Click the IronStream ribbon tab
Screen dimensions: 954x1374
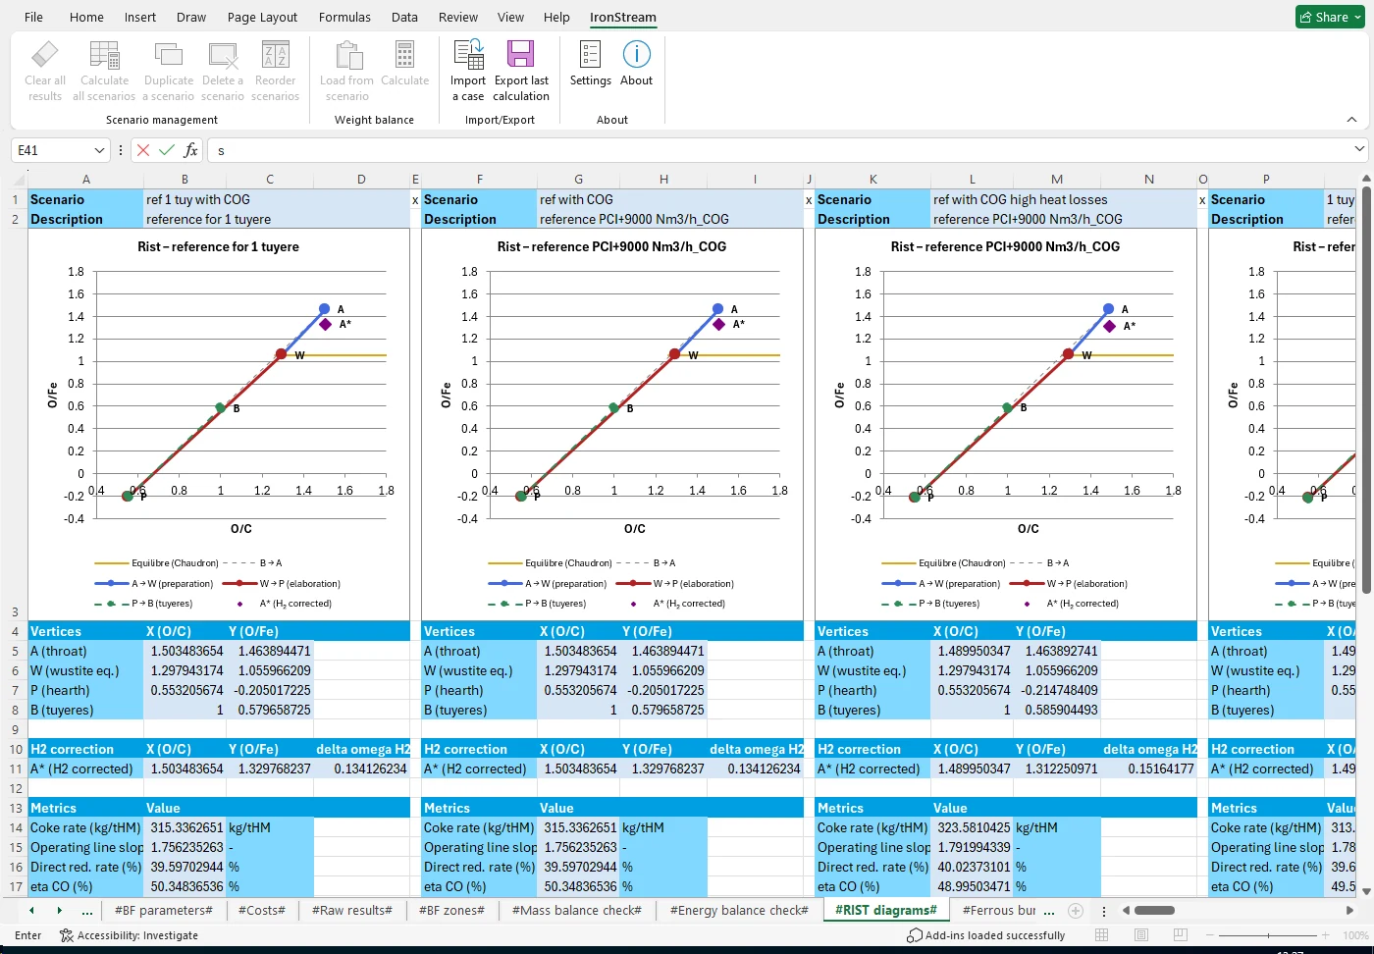pyautogui.click(x=622, y=17)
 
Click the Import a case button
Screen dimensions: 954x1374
pyautogui.click(x=468, y=69)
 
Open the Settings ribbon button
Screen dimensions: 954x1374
pyautogui.click(x=590, y=65)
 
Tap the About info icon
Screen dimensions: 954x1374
pyautogui.click(x=636, y=55)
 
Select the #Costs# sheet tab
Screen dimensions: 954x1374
pyautogui.click(x=261, y=910)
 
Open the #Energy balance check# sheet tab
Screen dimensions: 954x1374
pyautogui.click(x=738, y=910)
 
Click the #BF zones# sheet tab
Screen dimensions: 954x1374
pyautogui.click(x=451, y=910)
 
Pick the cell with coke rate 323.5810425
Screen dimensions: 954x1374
pyautogui.click(x=973, y=827)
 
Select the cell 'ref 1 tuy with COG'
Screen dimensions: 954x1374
pyautogui.click(x=198, y=199)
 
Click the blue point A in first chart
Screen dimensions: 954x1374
pyautogui.click(x=324, y=309)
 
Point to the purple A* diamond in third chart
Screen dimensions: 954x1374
pyautogui.click(x=1109, y=326)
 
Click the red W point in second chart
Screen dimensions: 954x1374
pyautogui.click(x=674, y=354)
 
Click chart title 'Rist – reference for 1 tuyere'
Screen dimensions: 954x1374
pyautogui.click(x=218, y=246)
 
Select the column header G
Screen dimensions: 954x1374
pyautogui.click(x=578, y=179)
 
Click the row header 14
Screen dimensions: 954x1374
pyautogui.click(x=16, y=827)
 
